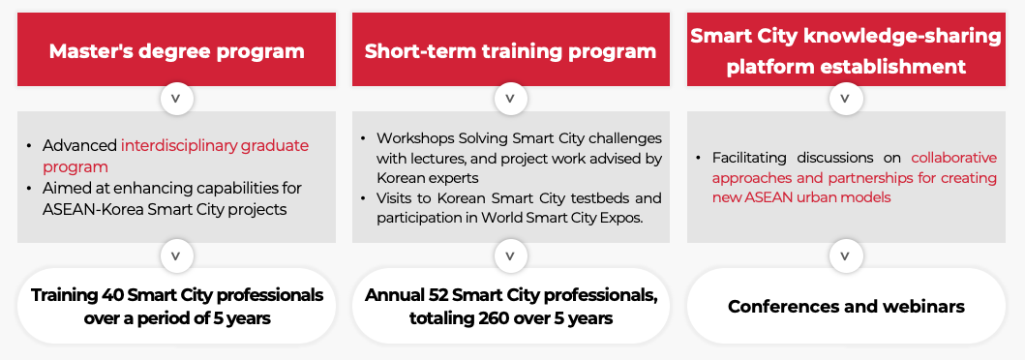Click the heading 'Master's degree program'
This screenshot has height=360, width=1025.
(x=176, y=51)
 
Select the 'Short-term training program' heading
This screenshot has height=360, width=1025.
(x=510, y=51)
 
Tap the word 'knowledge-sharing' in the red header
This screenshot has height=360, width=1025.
(x=909, y=36)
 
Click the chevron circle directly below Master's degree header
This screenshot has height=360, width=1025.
(x=176, y=99)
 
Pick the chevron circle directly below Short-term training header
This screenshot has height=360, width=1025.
(x=510, y=99)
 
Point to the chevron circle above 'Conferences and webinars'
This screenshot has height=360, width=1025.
(x=845, y=256)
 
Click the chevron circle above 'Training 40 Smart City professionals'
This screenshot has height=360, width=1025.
(x=176, y=256)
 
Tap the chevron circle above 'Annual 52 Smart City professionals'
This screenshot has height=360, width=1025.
(x=510, y=256)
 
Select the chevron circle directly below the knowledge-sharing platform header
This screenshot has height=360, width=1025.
(x=845, y=99)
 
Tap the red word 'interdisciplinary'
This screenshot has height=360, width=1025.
(x=179, y=146)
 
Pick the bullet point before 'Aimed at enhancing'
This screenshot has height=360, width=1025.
(x=29, y=189)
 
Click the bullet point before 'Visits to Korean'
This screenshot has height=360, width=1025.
(x=363, y=198)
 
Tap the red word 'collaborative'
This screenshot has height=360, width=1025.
(x=954, y=158)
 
